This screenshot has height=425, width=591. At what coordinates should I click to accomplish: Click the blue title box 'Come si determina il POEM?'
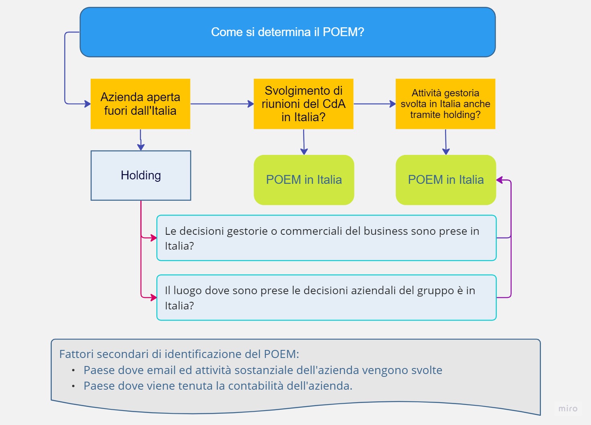click(287, 32)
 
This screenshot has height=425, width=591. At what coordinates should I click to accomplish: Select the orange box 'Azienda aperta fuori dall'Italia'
click(140, 104)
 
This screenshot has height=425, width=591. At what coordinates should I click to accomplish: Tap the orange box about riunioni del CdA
click(304, 104)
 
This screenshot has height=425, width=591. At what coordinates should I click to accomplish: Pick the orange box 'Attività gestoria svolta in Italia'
click(445, 104)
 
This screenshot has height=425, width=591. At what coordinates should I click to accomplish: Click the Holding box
click(141, 175)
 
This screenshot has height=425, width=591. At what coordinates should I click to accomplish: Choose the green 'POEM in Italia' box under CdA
click(304, 180)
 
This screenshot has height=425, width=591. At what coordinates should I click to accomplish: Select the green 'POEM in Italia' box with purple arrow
click(446, 180)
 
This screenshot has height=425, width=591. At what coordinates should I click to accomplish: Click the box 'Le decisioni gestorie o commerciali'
click(327, 238)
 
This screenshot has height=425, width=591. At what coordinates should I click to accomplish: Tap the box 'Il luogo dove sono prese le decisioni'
click(327, 298)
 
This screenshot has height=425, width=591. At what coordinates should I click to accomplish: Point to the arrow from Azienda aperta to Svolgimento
click(222, 104)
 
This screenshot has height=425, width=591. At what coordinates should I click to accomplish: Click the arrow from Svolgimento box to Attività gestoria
click(374, 104)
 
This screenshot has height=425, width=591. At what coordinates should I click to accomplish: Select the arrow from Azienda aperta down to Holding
click(141, 140)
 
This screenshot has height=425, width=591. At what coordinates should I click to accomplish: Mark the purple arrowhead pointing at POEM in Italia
click(500, 180)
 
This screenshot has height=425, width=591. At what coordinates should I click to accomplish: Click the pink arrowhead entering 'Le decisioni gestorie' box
click(154, 238)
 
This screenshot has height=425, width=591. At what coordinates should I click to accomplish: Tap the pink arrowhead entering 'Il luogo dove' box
click(154, 297)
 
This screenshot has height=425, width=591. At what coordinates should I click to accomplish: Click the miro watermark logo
click(568, 409)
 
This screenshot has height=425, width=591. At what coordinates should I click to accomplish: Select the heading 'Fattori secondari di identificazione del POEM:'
click(179, 354)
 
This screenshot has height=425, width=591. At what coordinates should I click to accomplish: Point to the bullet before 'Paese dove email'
click(73, 370)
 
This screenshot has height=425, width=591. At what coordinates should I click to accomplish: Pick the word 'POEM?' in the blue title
click(343, 32)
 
